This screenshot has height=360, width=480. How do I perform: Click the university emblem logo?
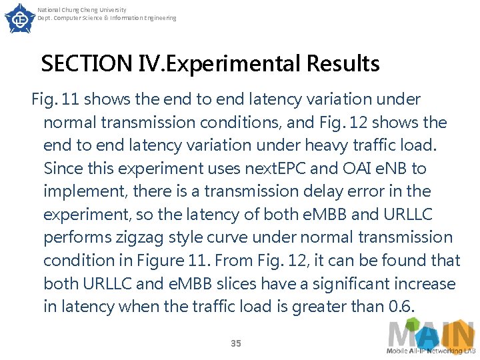click(x=19, y=18)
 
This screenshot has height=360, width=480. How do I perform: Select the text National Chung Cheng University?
click(x=82, y=10)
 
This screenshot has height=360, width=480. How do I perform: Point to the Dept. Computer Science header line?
click(x=107, y=18)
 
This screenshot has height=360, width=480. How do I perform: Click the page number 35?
click(x=235, y=343)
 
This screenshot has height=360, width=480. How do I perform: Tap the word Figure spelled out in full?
click(x=175, y=261)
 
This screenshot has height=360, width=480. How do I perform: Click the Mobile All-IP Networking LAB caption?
click(x=431, y=351)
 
